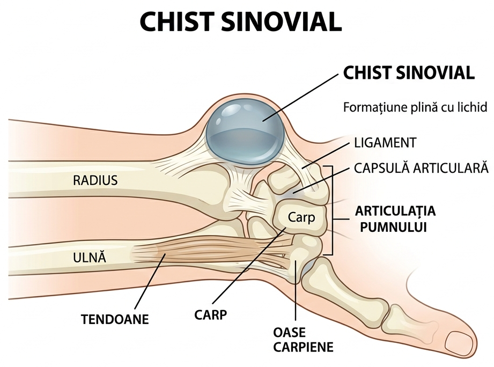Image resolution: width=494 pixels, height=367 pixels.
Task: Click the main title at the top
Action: pyautogui.click(x=240, y=22)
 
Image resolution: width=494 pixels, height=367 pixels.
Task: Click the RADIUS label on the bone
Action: pyautogui.click(x=95, y=180)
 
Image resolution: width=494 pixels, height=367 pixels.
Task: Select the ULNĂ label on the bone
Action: pyautogui.click(x=90, y=257)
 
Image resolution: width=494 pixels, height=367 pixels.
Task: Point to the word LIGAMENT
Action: pyautogui.click(x=385, y=143)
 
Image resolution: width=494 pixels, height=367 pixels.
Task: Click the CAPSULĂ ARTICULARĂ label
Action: pyautogui.click(x=421, y=168)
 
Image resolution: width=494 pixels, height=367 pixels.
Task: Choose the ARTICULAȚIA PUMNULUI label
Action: pyautogui.click(x=395, y=218)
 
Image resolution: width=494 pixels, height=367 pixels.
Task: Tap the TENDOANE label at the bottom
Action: pyautogui.click(x=115, y=319)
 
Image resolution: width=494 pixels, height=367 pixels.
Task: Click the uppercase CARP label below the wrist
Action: pyautogui.click(x=210, y=315)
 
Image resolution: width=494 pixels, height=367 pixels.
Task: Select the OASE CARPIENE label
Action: pyautogui.click(x=303, y=340)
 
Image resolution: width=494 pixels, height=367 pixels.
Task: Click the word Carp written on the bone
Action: pyautogui.click(x=301, y=217)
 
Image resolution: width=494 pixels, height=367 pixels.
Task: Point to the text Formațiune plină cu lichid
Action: pyautogui.click(x=415, y=107)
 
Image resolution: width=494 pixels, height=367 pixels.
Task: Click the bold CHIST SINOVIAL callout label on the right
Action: pyautogui.click(x=409, y=73)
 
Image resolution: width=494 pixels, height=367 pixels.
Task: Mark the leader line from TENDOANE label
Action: pyautogui.click(x=150, y=282)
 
